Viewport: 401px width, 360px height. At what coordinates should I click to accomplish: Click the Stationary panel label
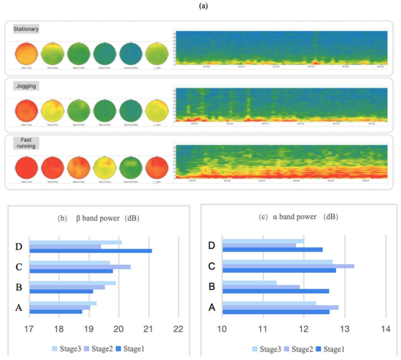click(x=27, y=29)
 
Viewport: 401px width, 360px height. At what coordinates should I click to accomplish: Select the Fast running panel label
click(x=26, y=142)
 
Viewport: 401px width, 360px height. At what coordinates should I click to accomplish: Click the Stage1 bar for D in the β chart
click(x=91, y=251)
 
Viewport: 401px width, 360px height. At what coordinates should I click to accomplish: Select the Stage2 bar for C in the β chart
click(x=80, y=267)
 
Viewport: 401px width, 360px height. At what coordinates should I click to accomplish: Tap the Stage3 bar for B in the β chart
click(x=72, y=283)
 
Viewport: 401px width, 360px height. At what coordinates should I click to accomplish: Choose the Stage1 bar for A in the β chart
click(x=56, y=312)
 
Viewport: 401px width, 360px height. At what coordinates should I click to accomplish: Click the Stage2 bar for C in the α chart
click(x=288, y=266)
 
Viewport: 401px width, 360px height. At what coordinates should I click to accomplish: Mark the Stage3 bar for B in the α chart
click(x=249, y=283)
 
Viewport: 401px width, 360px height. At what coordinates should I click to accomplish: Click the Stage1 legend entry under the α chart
click(x=333, y=348)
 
